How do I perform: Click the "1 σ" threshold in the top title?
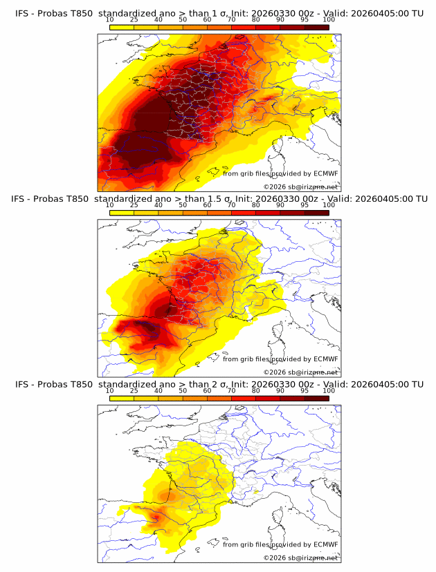click(x=208, y=14)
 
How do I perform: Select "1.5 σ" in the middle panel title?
click(x=213, y=199)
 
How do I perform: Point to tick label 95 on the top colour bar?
click(x=305, y=20)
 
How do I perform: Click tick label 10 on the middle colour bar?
click(x=109, y=205)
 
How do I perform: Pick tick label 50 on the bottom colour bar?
click(x=183, y=390)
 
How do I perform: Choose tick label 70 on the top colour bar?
click(x=231, y=20)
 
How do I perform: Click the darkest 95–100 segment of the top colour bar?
click(x=316, y=27)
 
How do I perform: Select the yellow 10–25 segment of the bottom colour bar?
click(x=122, y=397)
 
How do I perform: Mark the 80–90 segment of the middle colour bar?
click(x=268, y=212)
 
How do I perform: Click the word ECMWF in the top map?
click(x=326, y=174)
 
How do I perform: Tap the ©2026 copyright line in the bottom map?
click(x=300, y=557)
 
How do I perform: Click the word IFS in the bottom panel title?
click(x=21, y=384)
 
